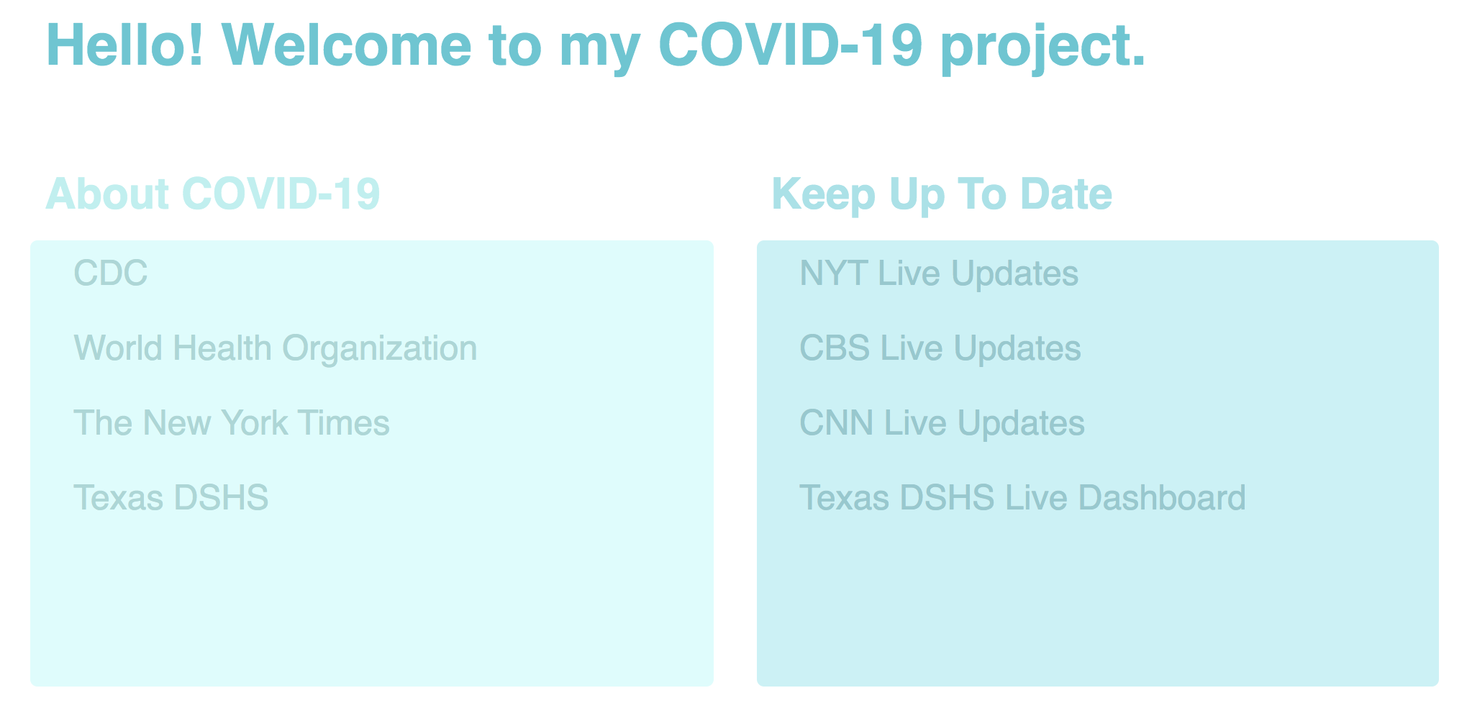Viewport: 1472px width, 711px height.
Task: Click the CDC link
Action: (111, 273)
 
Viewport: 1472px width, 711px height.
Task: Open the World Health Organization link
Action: (276, 348)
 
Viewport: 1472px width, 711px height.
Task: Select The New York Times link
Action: (232, 423)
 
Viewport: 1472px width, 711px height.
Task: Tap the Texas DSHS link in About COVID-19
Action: (171, 498)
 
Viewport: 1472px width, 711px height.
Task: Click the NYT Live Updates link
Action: (939, 273)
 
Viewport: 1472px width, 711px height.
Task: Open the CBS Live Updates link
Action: (940, 348)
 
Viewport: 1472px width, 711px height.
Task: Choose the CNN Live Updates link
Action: (942, 423)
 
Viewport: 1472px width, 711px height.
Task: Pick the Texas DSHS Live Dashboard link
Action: (1023, 498)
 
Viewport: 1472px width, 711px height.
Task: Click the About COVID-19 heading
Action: (213, 194)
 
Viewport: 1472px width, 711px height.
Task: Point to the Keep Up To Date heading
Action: (942, 194)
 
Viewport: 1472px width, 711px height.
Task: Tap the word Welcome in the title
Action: (347, 45)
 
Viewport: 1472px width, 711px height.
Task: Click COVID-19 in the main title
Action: (791, 45)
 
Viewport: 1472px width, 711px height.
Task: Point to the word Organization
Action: (379, 348)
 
